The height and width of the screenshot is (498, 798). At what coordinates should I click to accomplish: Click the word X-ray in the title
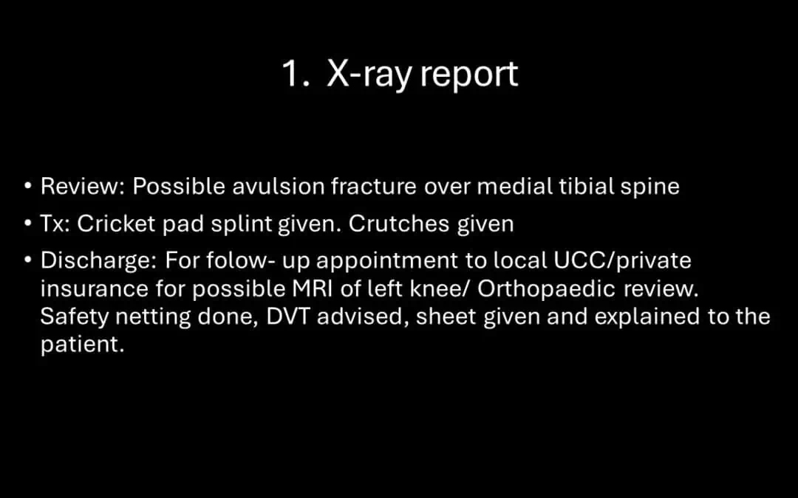369,75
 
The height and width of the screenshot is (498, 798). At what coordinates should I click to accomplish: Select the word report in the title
468,75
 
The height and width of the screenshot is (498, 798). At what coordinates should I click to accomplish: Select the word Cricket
116,224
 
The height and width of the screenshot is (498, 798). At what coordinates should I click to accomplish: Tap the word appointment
387,262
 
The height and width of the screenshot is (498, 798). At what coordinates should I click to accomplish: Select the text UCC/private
622,261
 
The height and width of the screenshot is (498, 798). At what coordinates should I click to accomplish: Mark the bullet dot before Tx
29,224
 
